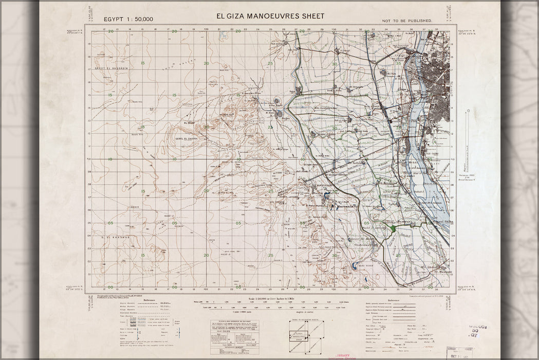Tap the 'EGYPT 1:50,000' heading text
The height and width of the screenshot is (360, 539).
click(x=128, y=19)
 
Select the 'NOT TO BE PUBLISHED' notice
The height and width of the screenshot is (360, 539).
click(x=407, y=21)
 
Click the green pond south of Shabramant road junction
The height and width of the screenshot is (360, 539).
click(x=393, y=228)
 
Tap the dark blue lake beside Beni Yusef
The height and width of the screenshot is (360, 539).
click(x=355, y=266)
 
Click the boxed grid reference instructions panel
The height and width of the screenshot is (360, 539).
click(x=234, y=337)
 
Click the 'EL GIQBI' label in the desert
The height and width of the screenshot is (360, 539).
click(x=189, y=123)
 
